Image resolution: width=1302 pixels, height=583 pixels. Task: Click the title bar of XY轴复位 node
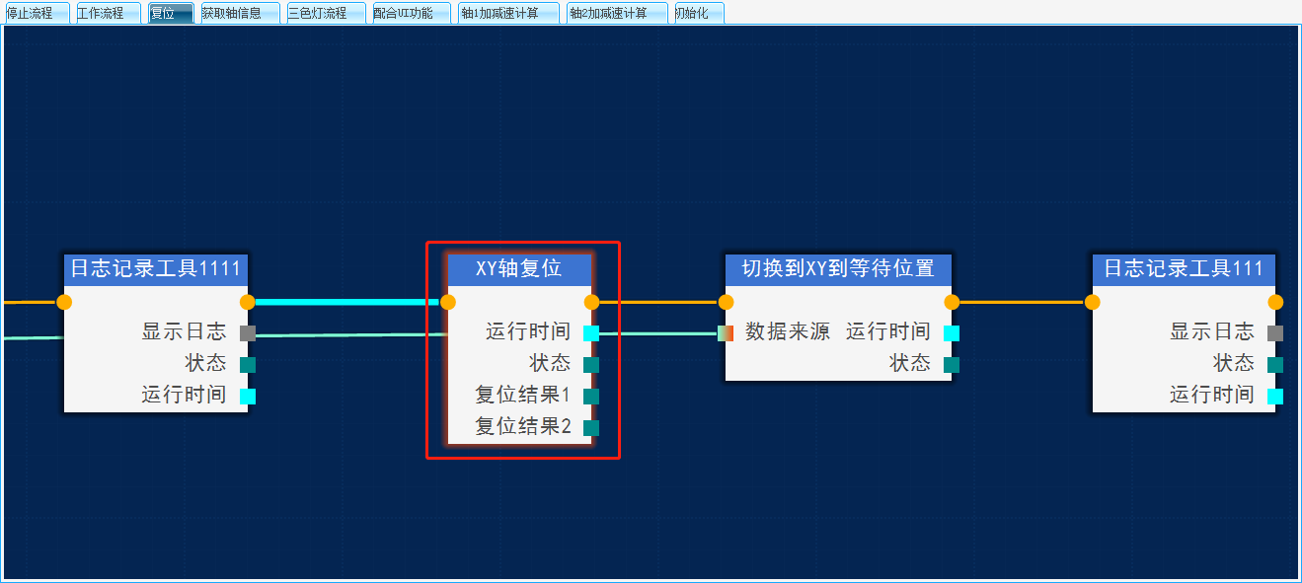519,268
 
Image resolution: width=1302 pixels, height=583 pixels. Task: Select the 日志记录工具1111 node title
156,268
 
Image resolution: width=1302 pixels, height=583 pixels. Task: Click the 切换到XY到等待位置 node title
838,268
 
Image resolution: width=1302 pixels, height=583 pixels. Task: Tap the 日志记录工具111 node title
1184,268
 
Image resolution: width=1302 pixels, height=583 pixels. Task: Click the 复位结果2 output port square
591,427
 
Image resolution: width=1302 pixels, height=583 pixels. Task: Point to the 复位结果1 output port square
591,396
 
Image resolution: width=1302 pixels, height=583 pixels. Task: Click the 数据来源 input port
726,332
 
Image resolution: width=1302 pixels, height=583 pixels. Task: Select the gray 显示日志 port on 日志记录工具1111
248,332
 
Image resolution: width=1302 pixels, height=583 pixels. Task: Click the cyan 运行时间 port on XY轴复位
591,332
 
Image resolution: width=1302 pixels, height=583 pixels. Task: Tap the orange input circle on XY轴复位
448,302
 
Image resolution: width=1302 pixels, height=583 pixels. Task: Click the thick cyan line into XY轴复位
345,302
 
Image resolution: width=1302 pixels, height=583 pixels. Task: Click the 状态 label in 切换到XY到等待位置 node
909,363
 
